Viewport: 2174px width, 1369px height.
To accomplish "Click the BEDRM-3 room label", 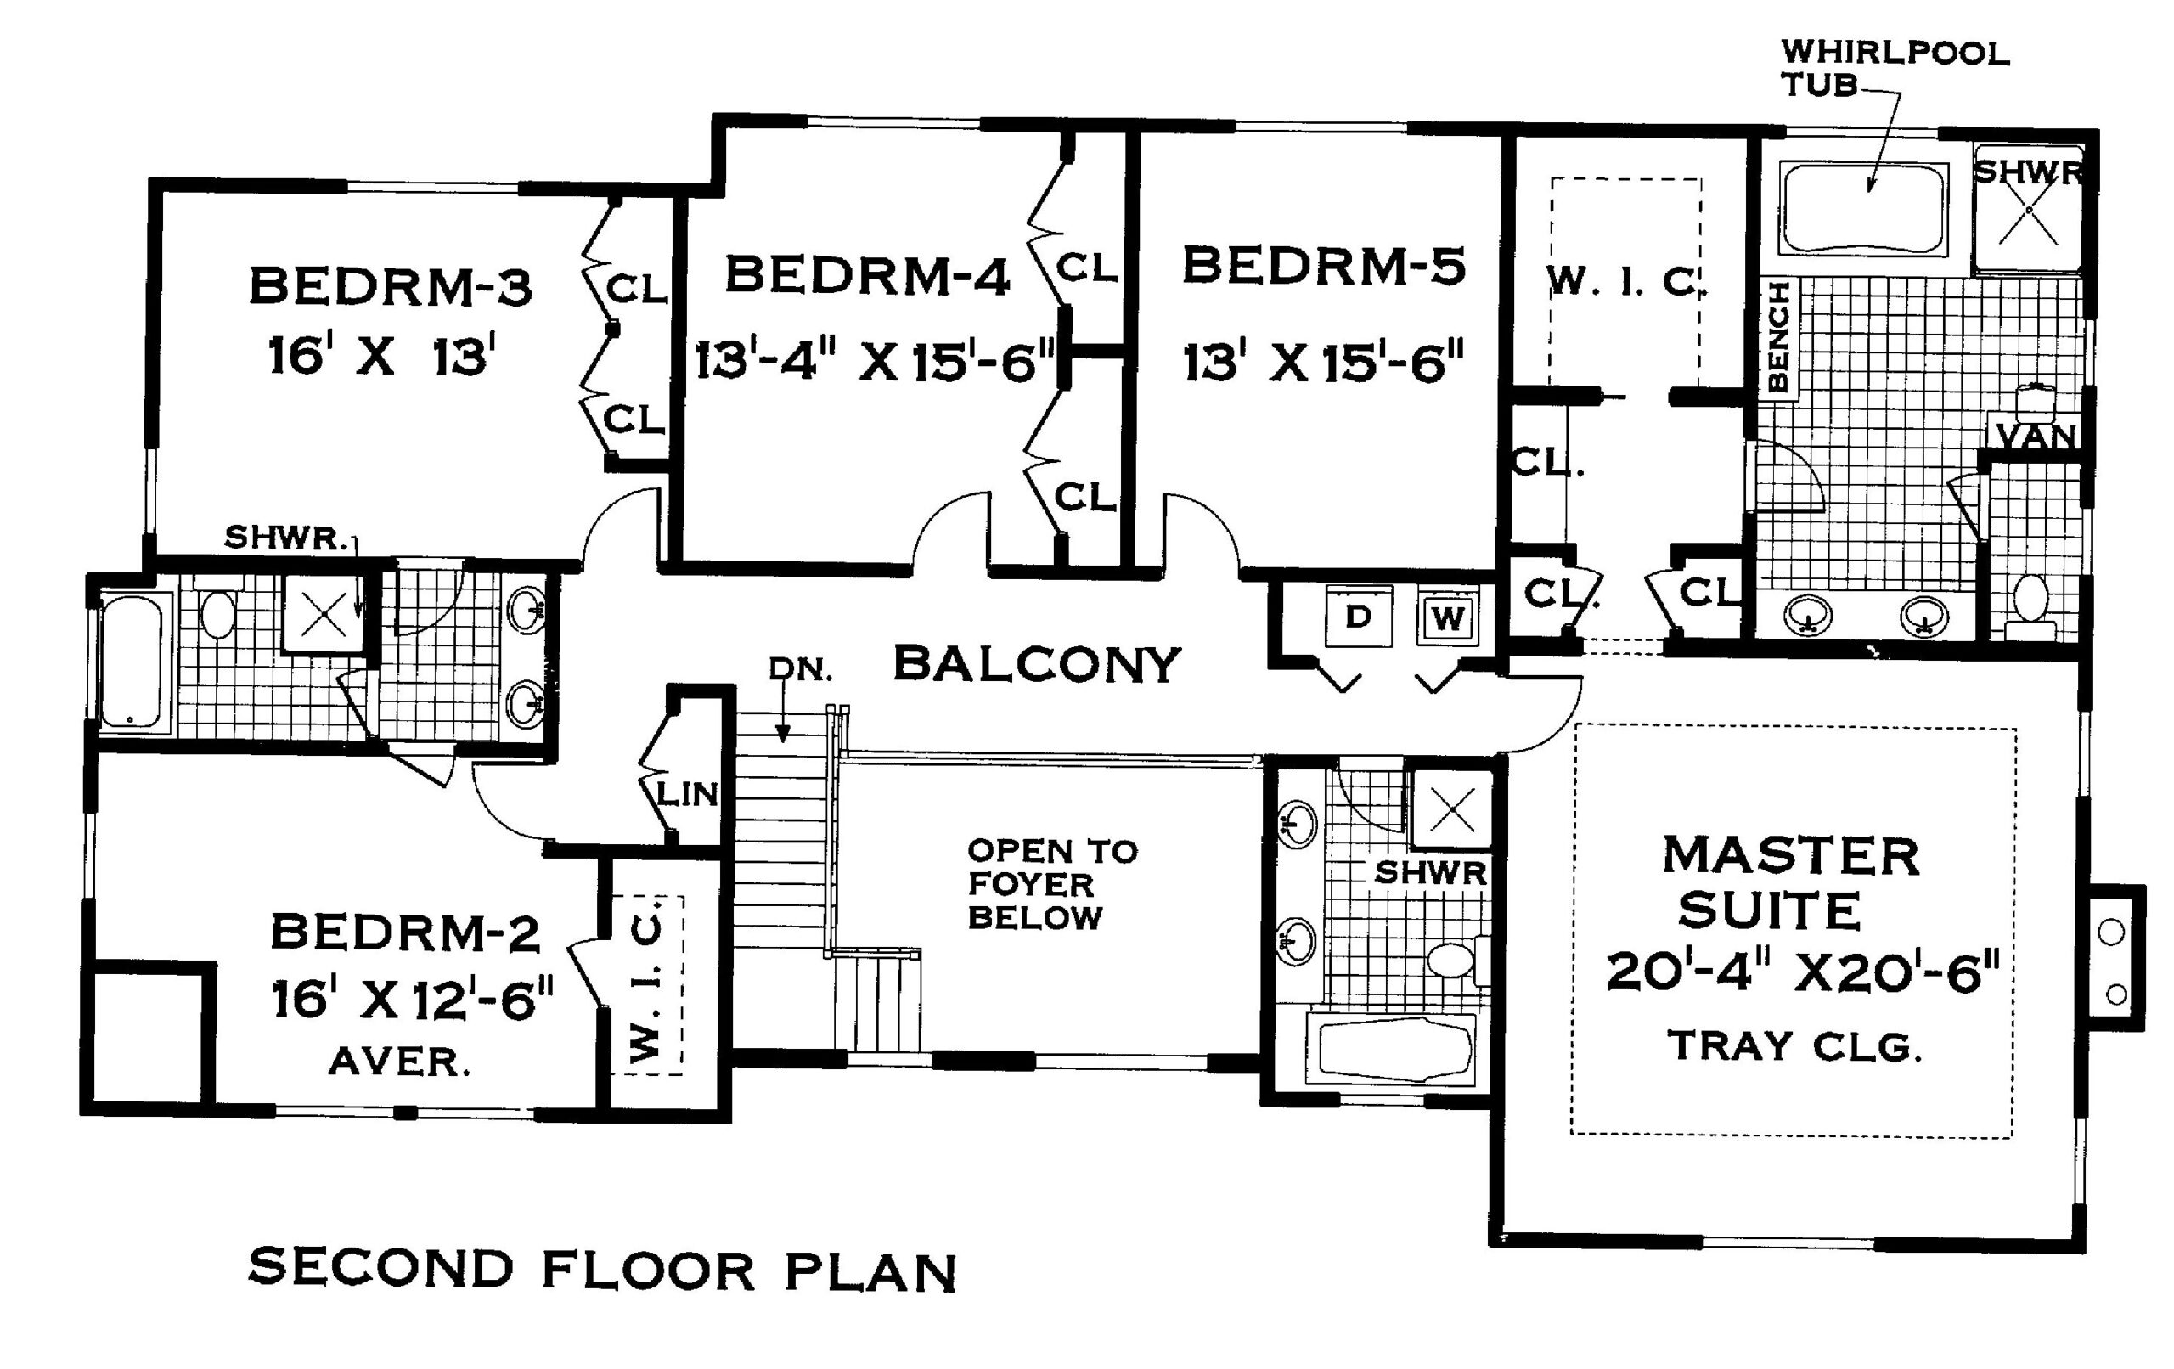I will (x=390, y=287).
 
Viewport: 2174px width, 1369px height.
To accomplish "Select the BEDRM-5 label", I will (x=1324, y=268).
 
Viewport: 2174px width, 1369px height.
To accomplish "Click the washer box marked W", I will (x=1447, y=618).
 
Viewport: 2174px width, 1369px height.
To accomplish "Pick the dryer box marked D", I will (x=1358, y=617).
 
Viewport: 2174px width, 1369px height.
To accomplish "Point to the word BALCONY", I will (x=1036, y=665).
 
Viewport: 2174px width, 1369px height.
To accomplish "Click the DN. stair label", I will (x=800, y=670).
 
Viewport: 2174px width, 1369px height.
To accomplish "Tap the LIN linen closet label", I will (x=687, y=795).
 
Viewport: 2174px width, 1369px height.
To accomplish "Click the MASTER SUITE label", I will (x=1789, y=882).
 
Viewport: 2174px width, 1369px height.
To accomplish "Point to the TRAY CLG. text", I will (x=1793, y=1046).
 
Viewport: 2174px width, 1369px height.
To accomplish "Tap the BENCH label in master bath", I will (x=1777, y=337).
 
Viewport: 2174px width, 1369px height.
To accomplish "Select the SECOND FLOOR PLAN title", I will (x=601, y=1270).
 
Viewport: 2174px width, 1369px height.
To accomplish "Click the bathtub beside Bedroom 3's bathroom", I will (x=132, y=662).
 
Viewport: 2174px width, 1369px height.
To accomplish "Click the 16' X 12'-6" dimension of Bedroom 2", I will (x=412, y=1000).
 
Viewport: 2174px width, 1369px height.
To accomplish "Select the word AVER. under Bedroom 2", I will (x=398, y=1062).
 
